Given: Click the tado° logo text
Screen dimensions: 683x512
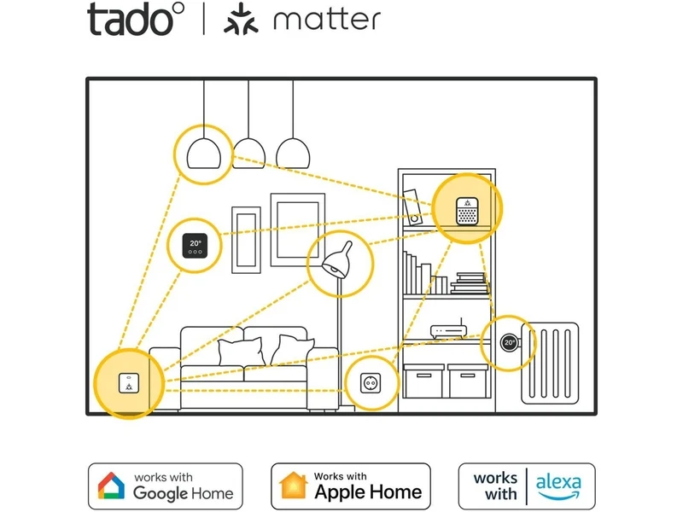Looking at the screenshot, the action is [136, 20].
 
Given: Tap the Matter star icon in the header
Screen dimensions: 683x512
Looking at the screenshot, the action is [241, 19].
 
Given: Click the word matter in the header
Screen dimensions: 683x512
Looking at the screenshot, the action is [327, 20].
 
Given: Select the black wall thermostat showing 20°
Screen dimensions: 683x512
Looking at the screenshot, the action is [196, 246].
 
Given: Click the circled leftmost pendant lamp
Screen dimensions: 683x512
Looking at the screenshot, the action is [204, 154].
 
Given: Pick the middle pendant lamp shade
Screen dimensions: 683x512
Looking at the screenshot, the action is [248, 154].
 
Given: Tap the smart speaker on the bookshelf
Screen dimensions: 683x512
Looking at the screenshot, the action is [467, 212].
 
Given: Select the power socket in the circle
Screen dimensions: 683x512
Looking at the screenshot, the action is [371, 383].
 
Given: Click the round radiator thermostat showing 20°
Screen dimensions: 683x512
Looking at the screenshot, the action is [509, 343].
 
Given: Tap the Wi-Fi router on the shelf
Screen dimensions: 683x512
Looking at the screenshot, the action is [448, 330].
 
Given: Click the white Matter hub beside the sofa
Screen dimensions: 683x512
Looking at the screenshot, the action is [129, 383].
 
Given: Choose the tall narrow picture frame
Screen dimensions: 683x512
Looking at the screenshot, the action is [246, 240].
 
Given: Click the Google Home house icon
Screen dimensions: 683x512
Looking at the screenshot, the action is [111, 486].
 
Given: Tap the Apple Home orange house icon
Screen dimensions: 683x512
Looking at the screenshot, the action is [294, 486].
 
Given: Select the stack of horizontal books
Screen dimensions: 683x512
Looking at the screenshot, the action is [470, 283].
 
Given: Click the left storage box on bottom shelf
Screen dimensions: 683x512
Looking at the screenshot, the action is [423, 381].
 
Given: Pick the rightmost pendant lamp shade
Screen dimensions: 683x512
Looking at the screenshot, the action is [293, 154].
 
